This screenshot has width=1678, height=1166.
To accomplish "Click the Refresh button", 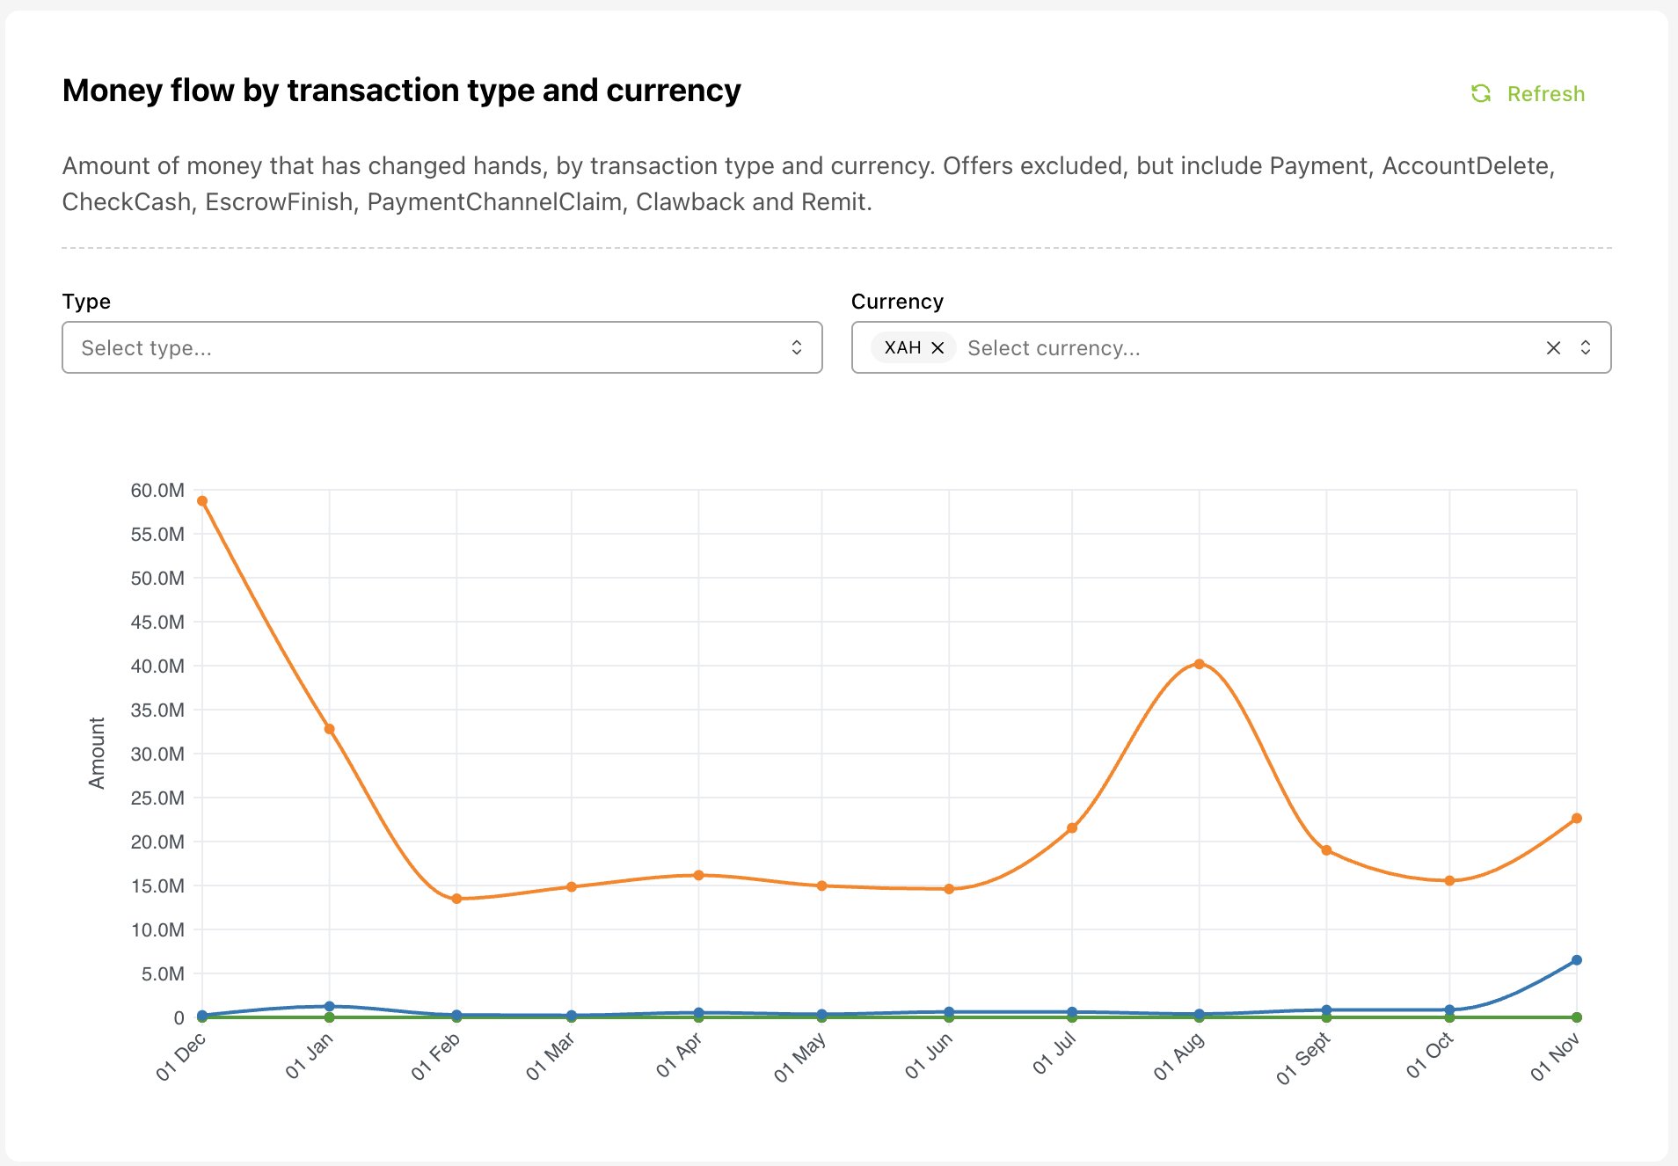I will (1528, 94).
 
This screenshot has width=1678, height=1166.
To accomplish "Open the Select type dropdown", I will (441, 347).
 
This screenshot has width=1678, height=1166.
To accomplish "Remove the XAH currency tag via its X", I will (937, 347).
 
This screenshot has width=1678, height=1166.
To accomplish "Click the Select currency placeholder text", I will (1054, 348).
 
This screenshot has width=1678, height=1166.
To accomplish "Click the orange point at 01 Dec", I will (202, 501).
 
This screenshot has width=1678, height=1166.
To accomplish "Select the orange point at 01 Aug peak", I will (1199, 664).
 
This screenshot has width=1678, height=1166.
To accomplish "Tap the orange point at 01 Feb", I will (456, 899).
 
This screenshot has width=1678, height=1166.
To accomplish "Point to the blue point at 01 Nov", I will (1576, 960).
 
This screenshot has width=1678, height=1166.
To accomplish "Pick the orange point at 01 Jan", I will (330, 729).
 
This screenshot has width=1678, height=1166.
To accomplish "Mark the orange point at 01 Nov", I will (1576, 819).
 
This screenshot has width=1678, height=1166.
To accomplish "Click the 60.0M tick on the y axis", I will (157, 491).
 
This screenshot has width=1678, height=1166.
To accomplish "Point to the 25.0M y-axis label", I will (157, 798).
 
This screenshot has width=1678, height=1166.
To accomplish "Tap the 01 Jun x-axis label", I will (929, 1056).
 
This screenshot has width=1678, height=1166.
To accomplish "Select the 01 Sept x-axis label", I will (1302, 1059).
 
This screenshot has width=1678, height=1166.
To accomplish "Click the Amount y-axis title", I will (97, 753).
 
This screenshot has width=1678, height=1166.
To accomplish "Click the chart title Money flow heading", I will (401, 91).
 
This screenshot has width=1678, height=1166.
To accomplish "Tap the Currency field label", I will (897, 302).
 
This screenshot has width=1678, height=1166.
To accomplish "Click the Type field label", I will (86, 302).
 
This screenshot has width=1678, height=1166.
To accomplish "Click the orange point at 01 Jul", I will (1072, 827).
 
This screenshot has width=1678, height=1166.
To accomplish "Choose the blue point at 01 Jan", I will (330, 1006).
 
